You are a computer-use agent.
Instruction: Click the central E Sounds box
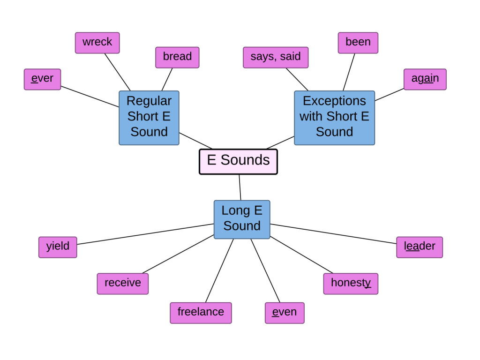[x=238, y=161]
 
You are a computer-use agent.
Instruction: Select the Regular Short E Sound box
[x=149, y=117]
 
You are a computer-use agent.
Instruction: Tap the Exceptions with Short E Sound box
[x=334, y=117]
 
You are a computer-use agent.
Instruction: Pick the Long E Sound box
[x=242, y=219]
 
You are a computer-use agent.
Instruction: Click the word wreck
[x=97, y=43]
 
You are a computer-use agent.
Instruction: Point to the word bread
[x=177, y=57]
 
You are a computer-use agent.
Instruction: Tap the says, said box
[x=276, y=57]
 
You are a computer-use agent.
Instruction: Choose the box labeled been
[x=358, y=43]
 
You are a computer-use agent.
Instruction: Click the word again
[x=425, y=79]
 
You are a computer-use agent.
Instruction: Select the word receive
[x=123, y=284]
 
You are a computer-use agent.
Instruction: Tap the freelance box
[x=201, y=313]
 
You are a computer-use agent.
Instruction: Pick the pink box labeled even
[x=285, y=313]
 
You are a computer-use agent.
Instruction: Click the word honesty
[x=351, y=284]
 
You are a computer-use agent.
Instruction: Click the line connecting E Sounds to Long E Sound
[x=240, y=187]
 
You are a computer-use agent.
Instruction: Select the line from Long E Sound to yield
[x=145, y=234]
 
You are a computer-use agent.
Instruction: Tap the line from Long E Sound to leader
[x=333, y=234]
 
